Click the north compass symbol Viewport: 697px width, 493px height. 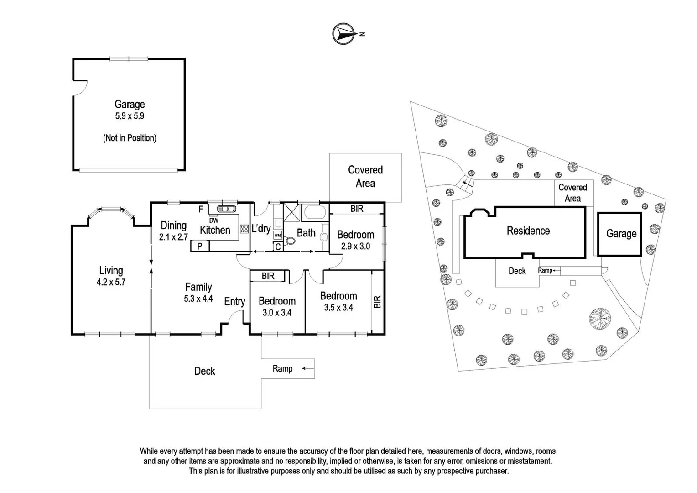tap(344, 34)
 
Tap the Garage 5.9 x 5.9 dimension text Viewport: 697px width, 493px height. tap(130, 116)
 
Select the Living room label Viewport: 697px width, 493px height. tap(111, 271)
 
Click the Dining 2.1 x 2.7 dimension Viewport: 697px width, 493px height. tap(173, 237)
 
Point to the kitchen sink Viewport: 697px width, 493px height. tap(226, 209)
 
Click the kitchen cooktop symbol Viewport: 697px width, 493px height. tap(244, 230)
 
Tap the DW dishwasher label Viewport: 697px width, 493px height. tap(213, 220)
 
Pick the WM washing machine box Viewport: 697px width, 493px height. tap(277, 236)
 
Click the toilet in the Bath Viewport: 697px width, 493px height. tap(289, 241)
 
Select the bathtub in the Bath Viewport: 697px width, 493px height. tap(314, 212)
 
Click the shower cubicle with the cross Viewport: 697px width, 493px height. tap(291, 212)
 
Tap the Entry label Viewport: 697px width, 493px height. tap(234, 302)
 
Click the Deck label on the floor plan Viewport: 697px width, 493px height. tap(204, 371)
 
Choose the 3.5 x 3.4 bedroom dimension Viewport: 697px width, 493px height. tap(338, 308)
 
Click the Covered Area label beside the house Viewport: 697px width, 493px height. tap(365, 177)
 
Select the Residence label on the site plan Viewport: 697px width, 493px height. tap(528, 231)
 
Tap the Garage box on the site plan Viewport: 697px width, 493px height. tap(621, 234)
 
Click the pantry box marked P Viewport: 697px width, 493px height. tap(200, 246)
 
